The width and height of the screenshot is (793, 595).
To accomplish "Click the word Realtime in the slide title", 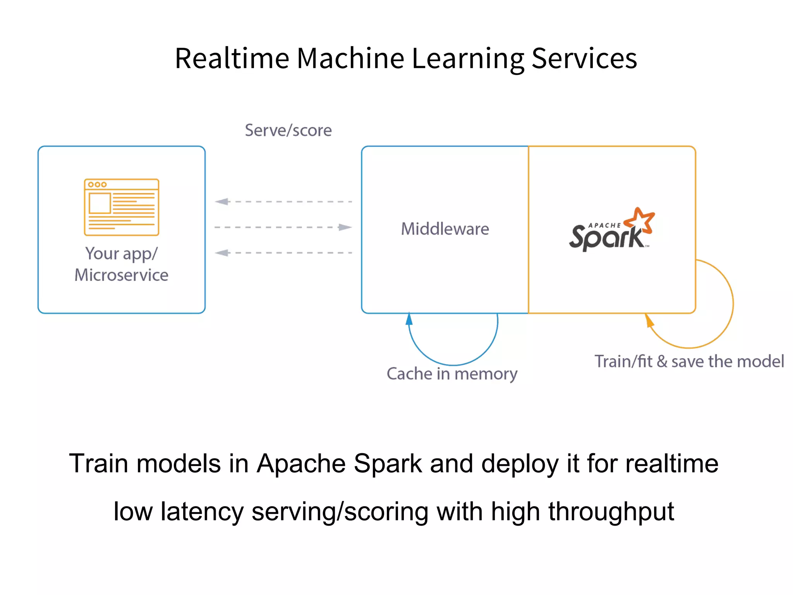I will (232, 58).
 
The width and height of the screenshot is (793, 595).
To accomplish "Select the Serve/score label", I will (288, 130).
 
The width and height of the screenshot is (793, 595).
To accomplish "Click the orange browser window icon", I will (122, 207).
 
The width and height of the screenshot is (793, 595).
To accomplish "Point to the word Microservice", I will (122, 275).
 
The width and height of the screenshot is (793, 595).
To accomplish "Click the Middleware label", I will (445, 229).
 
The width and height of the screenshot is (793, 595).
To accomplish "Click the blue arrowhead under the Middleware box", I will (409, 319).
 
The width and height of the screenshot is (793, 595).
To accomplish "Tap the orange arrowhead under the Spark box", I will (649, 321).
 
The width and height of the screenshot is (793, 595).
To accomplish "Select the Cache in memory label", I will (452, 374).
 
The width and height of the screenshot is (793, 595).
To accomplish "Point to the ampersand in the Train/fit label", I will (662, 361).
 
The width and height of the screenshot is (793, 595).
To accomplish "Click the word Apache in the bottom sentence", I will (301, 463).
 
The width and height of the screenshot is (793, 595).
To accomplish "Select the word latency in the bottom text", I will (202, 512).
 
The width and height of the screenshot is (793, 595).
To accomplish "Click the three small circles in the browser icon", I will (97, 184).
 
